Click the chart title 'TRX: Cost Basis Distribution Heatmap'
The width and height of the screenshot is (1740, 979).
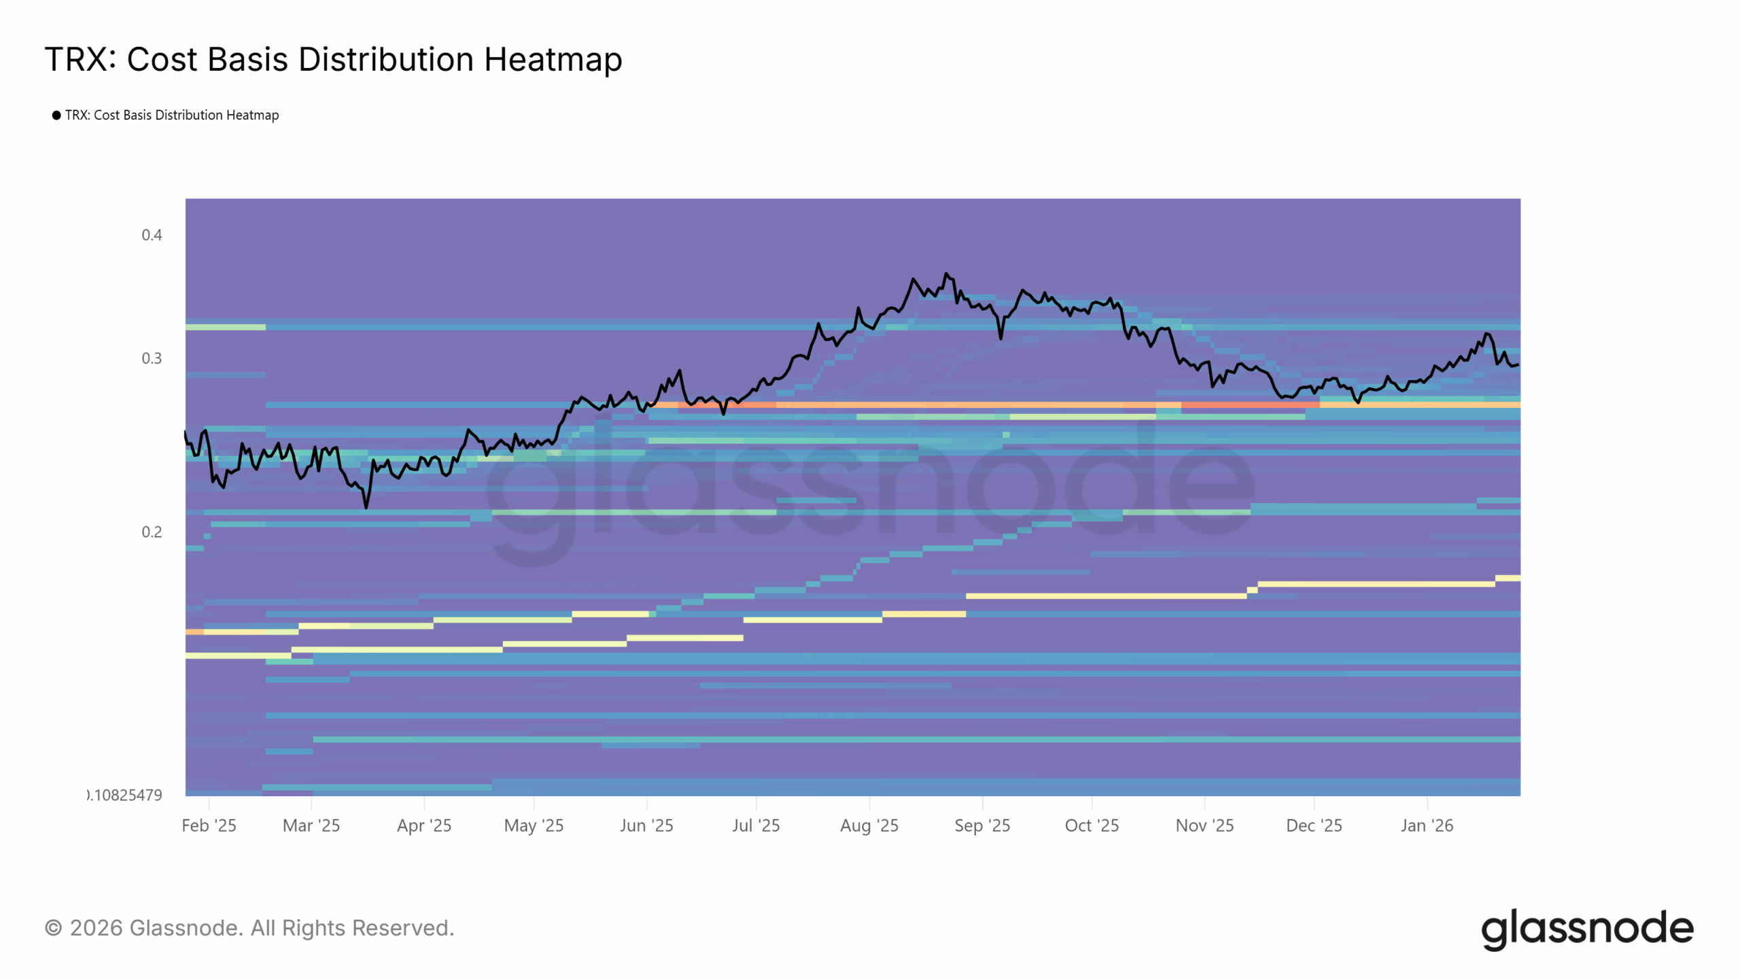(x=333, y=59)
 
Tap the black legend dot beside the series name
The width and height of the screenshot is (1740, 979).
(x=56, y=116)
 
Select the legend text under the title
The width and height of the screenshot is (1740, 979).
(x=172, y=116)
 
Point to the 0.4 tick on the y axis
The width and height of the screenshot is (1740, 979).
(x=152, y=235)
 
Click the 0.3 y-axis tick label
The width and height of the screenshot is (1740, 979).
(x=152, y=358)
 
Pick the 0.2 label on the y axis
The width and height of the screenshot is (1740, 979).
(x=152, y=532)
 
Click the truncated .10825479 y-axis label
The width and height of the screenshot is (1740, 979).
(x=126, y=795)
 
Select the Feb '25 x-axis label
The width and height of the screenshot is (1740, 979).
(x=209, y=825)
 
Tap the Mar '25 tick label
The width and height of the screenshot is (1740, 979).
(x=311, y=825)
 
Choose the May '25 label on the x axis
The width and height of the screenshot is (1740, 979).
(x=534, y=825)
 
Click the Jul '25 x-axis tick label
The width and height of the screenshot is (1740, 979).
(x=756, y=825)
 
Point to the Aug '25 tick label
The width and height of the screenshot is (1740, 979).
(x=869, y=825)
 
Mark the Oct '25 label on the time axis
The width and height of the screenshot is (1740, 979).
(x=1092, y=825)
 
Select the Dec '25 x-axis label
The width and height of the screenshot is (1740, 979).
(x=1314, y=825)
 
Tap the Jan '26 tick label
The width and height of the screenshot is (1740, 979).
(x=1427, y=825)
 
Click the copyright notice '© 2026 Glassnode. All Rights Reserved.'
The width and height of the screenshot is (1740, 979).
(x=249, y=928)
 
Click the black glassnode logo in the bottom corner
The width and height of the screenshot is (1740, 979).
(x=1587, y=929)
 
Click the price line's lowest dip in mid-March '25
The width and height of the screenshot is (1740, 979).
(x=366, y=507)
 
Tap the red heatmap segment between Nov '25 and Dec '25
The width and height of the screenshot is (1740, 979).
(x=1251, y=405)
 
